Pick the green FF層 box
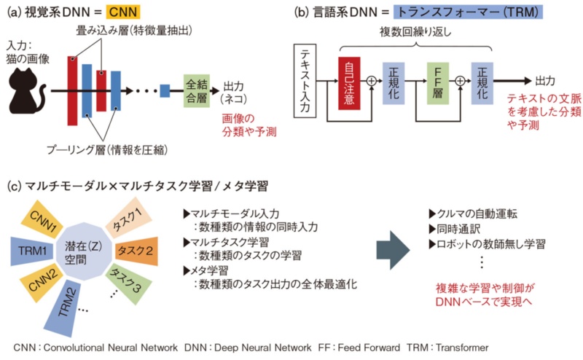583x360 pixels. pos(437,82)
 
